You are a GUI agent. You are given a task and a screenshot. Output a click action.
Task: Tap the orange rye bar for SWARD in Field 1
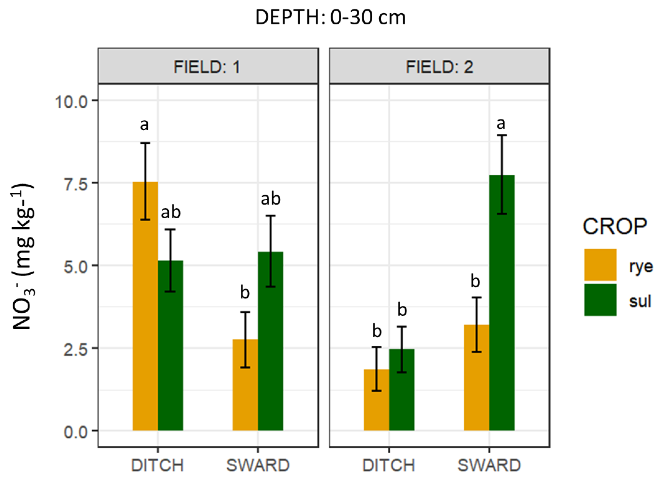pyautogui.click(x=245, y=387)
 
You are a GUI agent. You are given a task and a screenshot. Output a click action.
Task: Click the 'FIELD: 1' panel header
pyautogui.click(x=208, y=67)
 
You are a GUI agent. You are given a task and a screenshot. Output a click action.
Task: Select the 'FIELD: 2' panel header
pyautogui.click(x=439, y=67)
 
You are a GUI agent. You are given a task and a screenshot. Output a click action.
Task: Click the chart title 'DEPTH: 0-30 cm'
pyautogui.click(x=330, y=17)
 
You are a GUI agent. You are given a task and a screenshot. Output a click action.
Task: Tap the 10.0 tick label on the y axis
pyautogui.click(x=72, y=102)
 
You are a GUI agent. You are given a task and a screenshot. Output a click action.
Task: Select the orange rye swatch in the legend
pyautogui.click(x=600, y=265)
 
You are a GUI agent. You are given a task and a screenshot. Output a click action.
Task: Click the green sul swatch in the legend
pyautogui.click(x=600, y=300)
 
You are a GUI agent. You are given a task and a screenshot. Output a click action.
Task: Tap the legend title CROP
pyautogui.click(x=615, y=227)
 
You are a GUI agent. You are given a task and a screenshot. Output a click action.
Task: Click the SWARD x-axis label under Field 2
pyautogui.click(x=489, y=465)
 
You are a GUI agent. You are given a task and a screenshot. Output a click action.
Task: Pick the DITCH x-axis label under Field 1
pyautogui.click(x=158, y=465)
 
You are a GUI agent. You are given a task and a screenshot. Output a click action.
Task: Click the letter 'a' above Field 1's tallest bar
pyautogui.click(x=144, y=125)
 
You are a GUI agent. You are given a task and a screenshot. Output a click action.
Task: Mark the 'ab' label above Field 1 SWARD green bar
pyautogui.click(x=271, y=199)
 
